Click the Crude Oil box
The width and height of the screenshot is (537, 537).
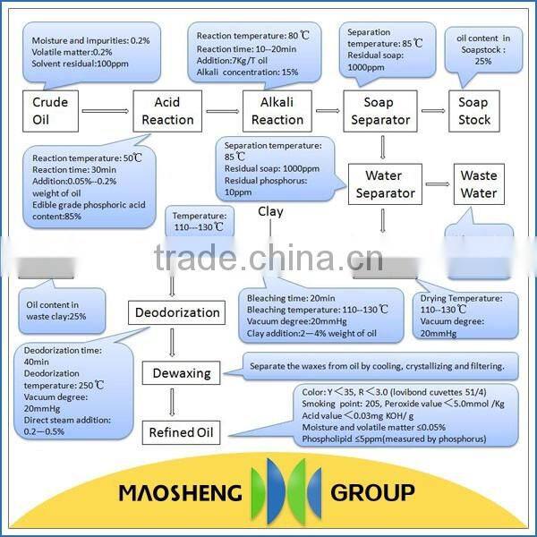49,110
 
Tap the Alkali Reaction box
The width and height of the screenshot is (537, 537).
277,111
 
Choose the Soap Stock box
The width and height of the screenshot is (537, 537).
480,111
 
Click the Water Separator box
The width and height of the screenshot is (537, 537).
385,183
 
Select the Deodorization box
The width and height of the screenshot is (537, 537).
177,312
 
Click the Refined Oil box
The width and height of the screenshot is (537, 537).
183,432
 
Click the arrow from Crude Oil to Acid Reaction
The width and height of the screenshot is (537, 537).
105,111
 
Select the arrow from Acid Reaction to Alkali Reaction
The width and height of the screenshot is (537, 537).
223,111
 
